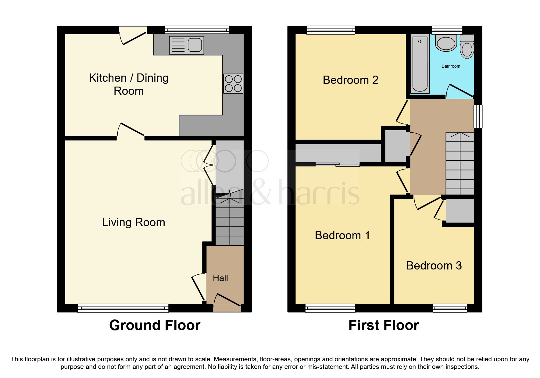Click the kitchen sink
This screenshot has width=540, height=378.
pos(186,45)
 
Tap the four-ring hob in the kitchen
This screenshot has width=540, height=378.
pos(233,84)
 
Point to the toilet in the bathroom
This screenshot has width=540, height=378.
pos(467,47)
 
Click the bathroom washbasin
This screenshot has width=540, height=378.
pos(446,43)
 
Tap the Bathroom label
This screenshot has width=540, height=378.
pos(451,66)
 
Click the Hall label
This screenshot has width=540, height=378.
pos(220,278)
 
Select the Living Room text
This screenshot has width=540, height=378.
pos(134,223)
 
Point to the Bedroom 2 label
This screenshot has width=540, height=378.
pos(351,80)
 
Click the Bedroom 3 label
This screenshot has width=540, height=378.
pos(434,266)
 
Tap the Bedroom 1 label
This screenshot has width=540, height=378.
pos(342,235)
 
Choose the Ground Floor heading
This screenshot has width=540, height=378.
pos(155,325)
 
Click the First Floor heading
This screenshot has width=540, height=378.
pos(384,325)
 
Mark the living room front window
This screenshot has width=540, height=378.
pos(123,308)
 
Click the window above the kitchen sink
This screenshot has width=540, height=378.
pos(197,30)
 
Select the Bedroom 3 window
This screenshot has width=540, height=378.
pos(450,308)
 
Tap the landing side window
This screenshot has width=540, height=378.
pos(478,116)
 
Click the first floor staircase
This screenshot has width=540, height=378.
pos(460,163)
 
